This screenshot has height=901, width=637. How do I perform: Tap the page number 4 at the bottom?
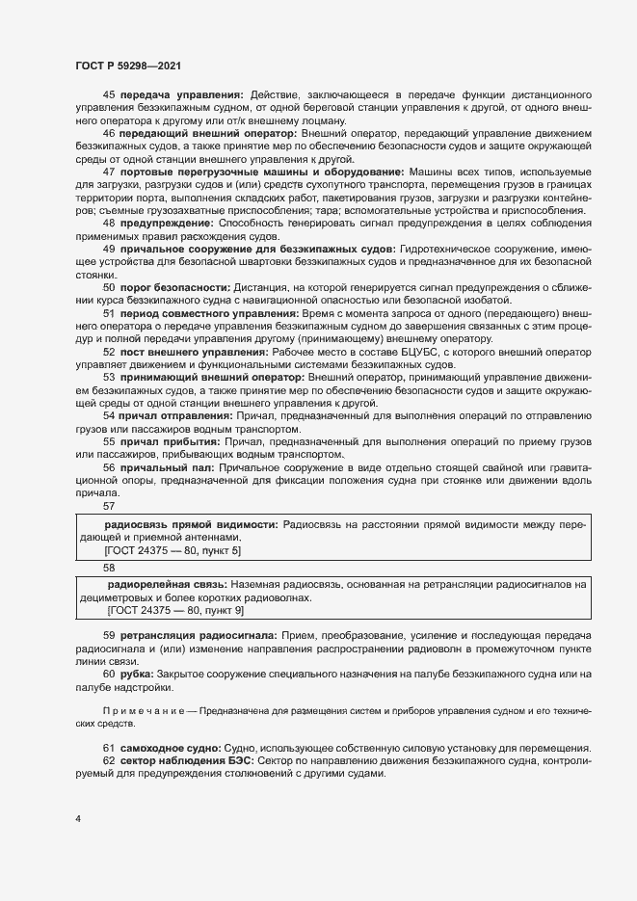pyautogui.click(x=78, y=819)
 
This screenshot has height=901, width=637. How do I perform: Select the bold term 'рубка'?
pyautogui.click(x=140, y=674)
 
